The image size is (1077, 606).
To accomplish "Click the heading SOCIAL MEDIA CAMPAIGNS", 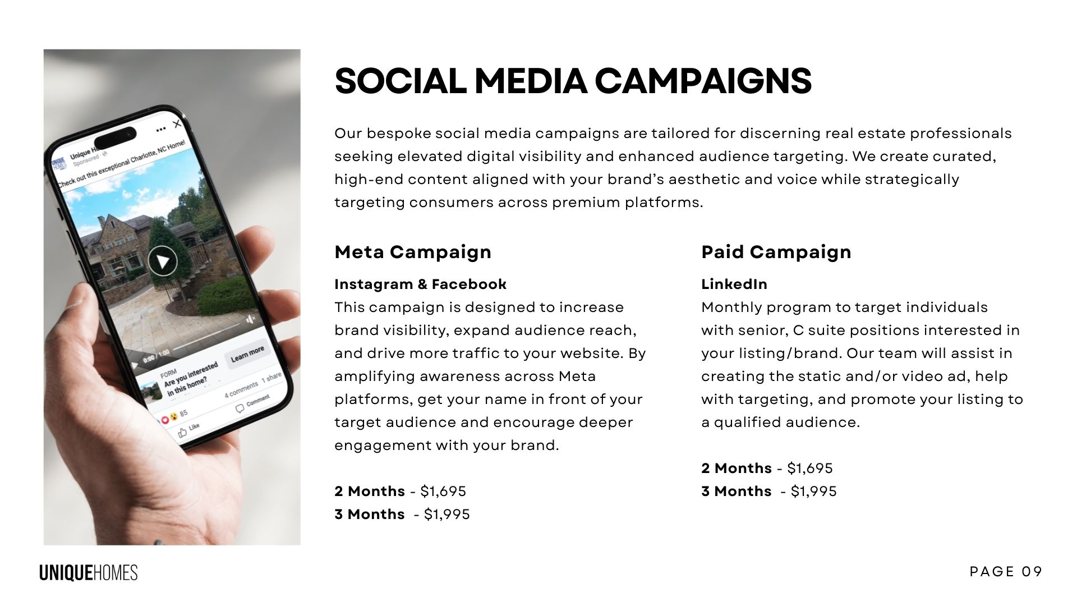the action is click(x=573, y=81).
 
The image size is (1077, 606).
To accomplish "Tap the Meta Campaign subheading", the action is click(x=413, y=252).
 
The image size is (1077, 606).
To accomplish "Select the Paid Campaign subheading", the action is click(x=776, y=252).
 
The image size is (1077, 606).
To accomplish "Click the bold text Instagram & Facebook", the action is click(x=421, y=284).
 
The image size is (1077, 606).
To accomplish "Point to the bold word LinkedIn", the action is click(x=734, y=284).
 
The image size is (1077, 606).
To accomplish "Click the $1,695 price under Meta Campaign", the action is click(x=443, y=492).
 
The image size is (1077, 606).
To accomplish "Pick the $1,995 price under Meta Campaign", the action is click(x=447, y=515).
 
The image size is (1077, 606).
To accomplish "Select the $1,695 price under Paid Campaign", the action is click(x=810, y=469).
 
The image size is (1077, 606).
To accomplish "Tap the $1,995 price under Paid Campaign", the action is click(x=814, y=492).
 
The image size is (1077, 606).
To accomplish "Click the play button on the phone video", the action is click(x=163, y=261).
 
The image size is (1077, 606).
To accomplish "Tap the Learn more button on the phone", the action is click(x=247, y=354).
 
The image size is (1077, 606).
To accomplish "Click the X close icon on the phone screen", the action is click(x=177, y=123).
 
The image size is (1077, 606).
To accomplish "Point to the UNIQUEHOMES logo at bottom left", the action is click(x=89, y=573).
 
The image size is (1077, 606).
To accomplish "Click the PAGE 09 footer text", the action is click(x=1006, y=572).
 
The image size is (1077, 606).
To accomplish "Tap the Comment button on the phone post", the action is click(x=252, y=403).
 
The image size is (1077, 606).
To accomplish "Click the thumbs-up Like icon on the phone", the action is click(x=182, y=433).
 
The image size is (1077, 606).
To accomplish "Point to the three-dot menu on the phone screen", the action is click(x=161, y=129).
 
